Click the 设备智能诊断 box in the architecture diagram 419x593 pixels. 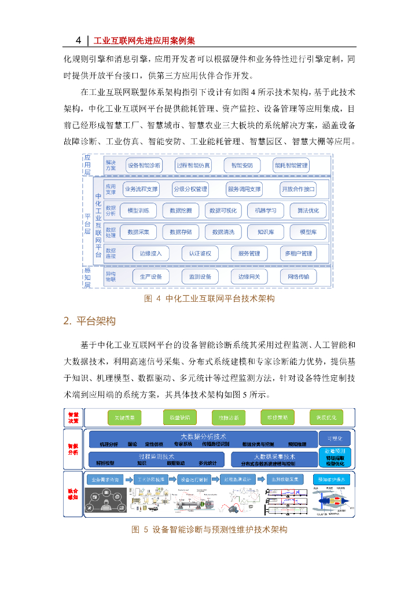(x=144, y=166)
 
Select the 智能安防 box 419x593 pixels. (x=241, y=166)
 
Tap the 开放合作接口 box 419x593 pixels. (x=298, y=189)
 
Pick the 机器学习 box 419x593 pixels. (x=266, y=210)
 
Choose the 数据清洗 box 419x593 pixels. (x=223, y=232)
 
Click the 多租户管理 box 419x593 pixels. (x=298, y=254)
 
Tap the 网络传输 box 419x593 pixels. (x=298, y=277)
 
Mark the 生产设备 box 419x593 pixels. (x=151, y=277)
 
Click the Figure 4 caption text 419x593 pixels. (x=209, y=299)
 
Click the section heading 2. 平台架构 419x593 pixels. (x=90, y=321)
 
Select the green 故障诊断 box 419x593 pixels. (x=220, y=417)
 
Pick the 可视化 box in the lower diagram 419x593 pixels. (x=335, y=438)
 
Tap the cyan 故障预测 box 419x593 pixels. (x=335, y=451)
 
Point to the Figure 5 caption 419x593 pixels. (x=209, y=529)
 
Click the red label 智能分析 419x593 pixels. (x=73, y=449)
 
